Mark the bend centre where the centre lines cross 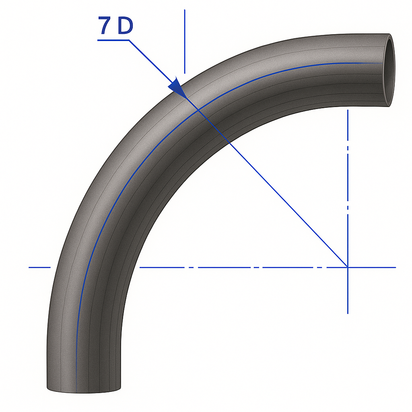[x=348, y=267]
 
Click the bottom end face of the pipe [x=84, y=389]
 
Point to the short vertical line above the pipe [x=184, y=40]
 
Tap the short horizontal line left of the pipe [x=39, y=267]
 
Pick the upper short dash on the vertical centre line [x=348, y=149]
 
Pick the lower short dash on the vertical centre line [x=348, y=208]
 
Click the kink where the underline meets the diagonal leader [x=130, y=40]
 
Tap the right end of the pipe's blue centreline [x=381, y=64]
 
